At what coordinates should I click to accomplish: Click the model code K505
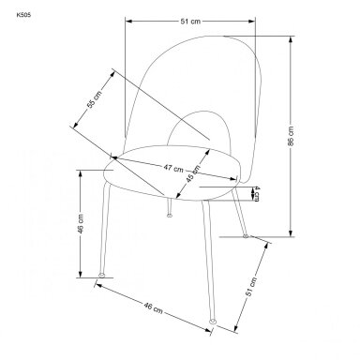[23, 15]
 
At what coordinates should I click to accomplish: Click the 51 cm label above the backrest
[190, 22]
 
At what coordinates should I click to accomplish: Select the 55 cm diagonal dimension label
[94, 99]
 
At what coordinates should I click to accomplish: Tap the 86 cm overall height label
[291, 136]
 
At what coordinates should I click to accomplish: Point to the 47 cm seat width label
[173, 168]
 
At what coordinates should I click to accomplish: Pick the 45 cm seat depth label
[193, 172]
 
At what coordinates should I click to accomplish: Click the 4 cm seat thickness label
[256, 193]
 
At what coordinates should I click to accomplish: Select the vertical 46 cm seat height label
[81, 224]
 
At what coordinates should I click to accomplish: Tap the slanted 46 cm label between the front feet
[153, 307]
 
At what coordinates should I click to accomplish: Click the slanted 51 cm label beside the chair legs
[250, 287]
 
